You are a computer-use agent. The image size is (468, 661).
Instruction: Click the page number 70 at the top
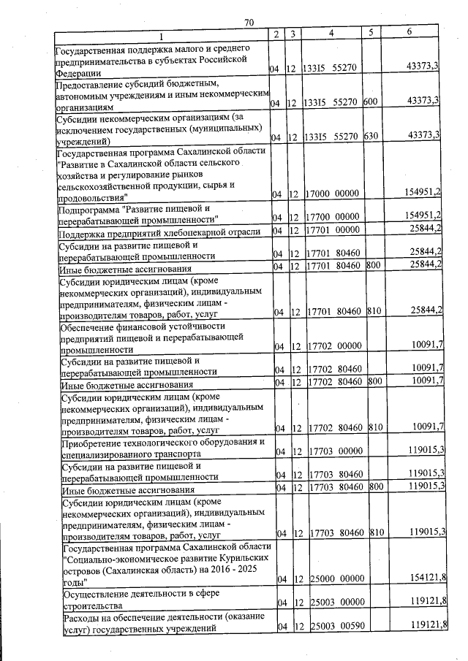click(x=249, y=23)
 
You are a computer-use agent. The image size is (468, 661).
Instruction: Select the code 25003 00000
click(x=337, y=604)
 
